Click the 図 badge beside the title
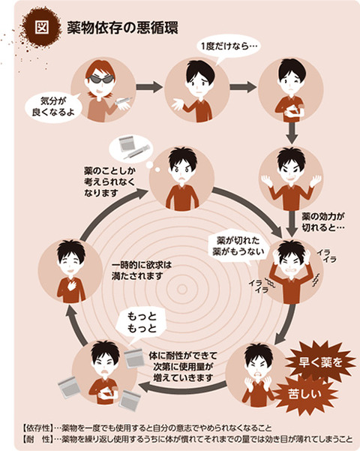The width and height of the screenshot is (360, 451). (42, 27)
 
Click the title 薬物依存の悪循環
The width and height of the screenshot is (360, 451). (123, 29)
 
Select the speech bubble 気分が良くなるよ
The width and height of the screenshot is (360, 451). (53, 107)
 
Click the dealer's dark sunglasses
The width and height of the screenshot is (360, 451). (100, 79)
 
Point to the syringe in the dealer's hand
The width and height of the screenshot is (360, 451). (123, 101)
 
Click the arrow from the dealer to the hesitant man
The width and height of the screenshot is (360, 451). (149, 86)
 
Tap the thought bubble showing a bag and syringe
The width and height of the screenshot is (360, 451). (130, 149)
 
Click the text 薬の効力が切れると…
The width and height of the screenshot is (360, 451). (323, 222)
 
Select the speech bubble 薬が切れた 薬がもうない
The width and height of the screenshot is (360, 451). (238, 247)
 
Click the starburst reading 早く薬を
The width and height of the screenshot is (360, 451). (320, 362)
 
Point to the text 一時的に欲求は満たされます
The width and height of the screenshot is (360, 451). (142, 270)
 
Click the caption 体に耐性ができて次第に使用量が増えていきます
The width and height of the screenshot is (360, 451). (183, 367)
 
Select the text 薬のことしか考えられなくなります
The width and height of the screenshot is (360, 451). (109, 182)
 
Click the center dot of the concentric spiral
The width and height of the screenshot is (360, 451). (182, 289)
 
